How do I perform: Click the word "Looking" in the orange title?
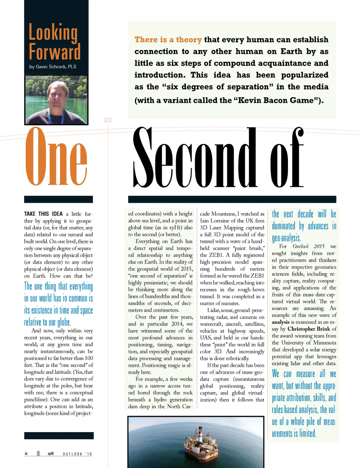tap(53, 33)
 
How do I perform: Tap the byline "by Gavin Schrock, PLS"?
tap(53, 67)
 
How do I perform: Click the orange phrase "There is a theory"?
tap(168, 40)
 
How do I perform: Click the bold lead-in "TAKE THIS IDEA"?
tap(43, 214)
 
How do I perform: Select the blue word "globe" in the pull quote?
tap(63, 322)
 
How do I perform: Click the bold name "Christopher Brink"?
tap(309, 329)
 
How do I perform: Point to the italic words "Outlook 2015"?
tap(309, 246)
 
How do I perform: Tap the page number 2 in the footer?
tap(26, 454)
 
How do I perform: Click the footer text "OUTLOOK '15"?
tap(77, 454)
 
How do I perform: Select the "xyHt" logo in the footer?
tap(51, 454)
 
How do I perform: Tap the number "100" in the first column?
tap(89, 358)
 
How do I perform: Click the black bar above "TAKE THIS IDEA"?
tap(58, 199)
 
